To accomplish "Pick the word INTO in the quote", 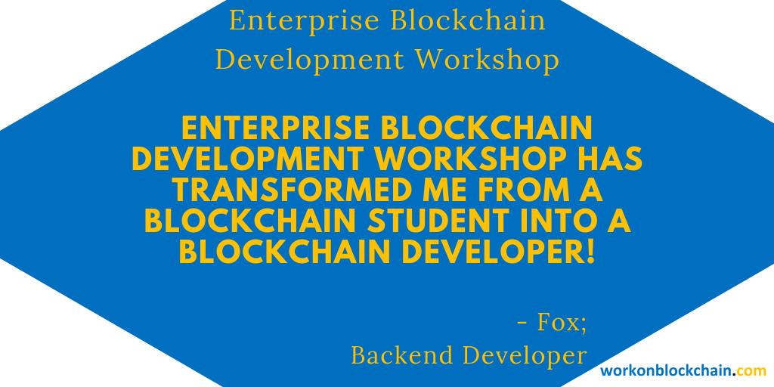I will coord(551,220).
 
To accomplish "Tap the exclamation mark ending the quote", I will coord(590,251).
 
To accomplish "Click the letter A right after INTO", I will coord(621,220).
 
